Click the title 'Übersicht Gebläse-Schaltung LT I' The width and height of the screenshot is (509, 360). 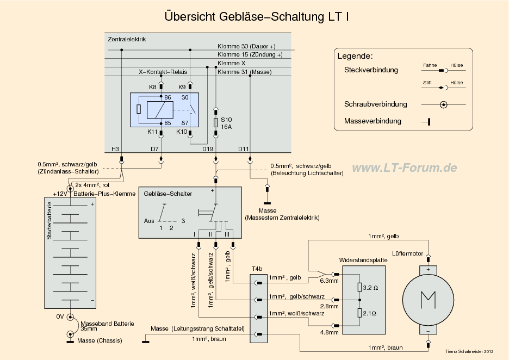pyautogui.click(x=257, y=17)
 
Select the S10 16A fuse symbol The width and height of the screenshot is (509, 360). pyautogui.click(x=216, y=122)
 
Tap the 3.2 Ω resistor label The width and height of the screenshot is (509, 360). pyautogui.click(x=371, y=287)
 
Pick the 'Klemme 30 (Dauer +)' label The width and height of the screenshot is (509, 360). pyautogui.click(x=246, y=46)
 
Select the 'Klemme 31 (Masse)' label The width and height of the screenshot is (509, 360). pyautogui.click(x=244, y=72)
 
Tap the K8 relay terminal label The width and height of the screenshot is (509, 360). pyautogui.click(x=153, y=87)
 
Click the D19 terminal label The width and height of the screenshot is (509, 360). pyautogui.click(x=208, y=148)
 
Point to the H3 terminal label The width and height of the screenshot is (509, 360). pyautogui.click(x=115, y=148)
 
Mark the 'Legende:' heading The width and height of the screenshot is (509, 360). pyautogui.click(x=355, y=56)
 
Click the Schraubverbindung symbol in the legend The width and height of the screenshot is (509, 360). pyautogui.click(x=444, y=104)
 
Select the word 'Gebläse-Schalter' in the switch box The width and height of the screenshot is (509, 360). pyautogui.click(x=167, y=194)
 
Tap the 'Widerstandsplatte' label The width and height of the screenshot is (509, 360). pyautogui.click(x=363, y=260)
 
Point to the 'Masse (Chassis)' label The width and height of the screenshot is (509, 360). pyautogui.click(x=98, y=341)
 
